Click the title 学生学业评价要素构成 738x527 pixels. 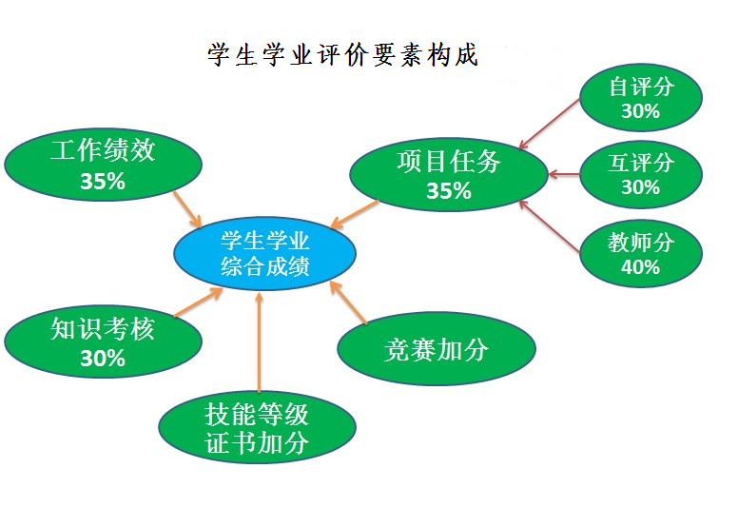343,54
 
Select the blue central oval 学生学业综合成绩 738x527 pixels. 265,254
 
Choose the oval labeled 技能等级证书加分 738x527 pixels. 258,428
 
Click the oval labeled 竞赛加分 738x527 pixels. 437,349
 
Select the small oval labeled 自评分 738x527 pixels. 640,97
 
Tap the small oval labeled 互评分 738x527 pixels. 640,174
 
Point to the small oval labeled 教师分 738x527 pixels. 640,253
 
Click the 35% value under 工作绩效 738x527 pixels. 104,182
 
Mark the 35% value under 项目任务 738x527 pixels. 449,190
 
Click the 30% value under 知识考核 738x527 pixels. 103,359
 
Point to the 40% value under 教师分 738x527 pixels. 640,267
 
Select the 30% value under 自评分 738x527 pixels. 640,111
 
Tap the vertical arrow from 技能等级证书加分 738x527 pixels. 259,342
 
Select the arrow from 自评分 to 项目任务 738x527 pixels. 551,125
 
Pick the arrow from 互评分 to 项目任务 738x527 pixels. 565,174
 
